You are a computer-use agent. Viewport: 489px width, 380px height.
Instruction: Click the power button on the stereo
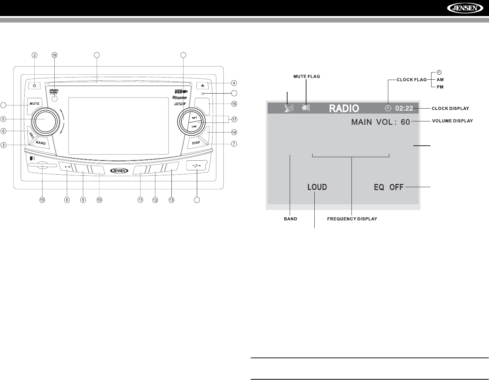tap(34, 86)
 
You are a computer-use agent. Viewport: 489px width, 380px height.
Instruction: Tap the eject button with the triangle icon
tap(203, 86)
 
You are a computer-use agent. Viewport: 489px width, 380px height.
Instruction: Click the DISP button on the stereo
tap(196, 142)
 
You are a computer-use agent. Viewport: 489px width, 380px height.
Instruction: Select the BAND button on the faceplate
tap(40, 142)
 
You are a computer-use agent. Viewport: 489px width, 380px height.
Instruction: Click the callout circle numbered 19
tap(54, 55)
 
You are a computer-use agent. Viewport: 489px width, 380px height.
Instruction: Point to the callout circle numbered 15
tap(42, 200)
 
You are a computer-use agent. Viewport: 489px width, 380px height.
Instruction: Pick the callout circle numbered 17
tap(234, 119)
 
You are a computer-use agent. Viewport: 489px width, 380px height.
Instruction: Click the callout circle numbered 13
tap(171, 200)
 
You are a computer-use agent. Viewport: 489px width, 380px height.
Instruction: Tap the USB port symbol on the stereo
tap(197, 166)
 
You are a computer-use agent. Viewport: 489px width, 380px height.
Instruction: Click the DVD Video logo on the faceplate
tap(54, 91)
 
